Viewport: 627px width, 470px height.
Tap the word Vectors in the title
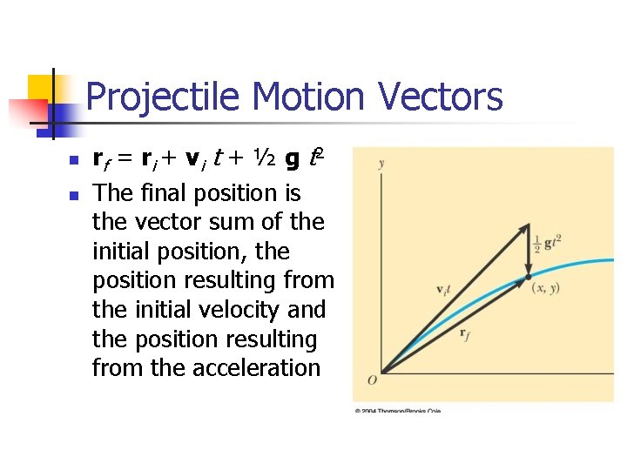pyautogui.click(x=448, y=97)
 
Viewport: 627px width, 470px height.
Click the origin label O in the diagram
pyautogui.click(x=372, y=379)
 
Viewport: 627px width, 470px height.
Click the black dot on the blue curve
pyautogui.click(x=529, y=278)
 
